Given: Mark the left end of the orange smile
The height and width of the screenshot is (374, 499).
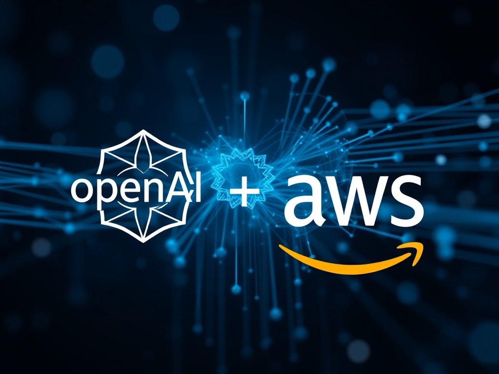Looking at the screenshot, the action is [280, 245].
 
